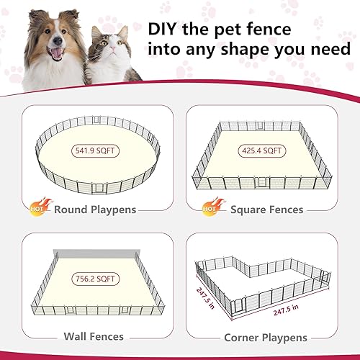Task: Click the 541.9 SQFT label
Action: [96, 151]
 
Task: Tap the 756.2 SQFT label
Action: [96, 279]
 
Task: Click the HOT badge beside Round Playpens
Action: [41, 207]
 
